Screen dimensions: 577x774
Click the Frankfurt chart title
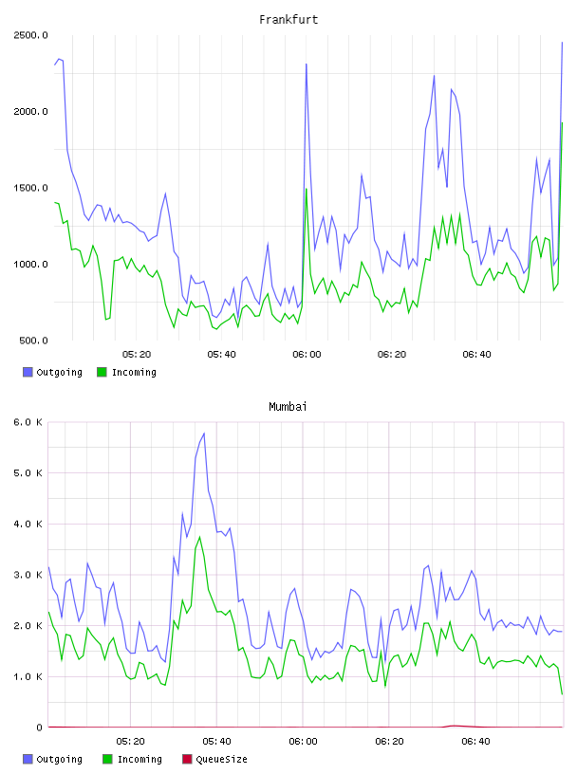point(288,20)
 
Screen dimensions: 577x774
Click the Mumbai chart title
point(288,407)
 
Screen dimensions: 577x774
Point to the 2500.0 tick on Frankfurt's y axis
point(30,35)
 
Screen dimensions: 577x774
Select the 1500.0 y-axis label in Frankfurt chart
point(30,188)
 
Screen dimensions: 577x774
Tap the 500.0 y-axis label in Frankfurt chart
point(33,341)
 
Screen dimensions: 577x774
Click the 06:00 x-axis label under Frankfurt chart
point(307,354)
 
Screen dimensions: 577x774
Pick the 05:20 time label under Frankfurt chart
point(137,354)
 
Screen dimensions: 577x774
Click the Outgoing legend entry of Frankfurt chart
point(53,372)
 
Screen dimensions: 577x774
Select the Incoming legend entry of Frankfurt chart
point(127,372)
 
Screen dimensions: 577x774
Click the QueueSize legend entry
point(214,759)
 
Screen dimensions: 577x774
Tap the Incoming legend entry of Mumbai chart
point(133,759)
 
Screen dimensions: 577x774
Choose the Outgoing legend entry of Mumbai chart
point(53,759)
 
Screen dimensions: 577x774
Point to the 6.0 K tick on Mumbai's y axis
point(28,422)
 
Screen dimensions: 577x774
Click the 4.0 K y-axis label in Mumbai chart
point(28,524)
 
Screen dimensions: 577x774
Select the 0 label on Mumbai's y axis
point(40,728)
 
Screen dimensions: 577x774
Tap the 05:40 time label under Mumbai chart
point(216,741)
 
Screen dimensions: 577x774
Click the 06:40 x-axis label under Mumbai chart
point(475,741)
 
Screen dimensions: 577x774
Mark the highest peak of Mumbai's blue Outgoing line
point(204,433)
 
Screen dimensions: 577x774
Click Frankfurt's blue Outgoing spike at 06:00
point(307,64)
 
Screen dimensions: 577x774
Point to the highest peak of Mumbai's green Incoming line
point(199,537)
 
